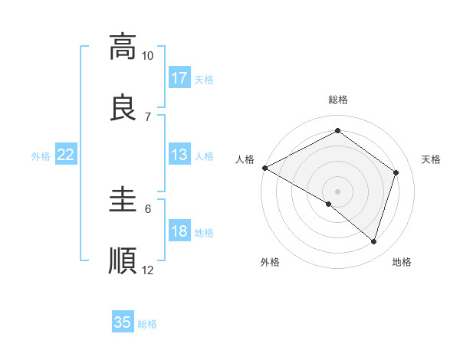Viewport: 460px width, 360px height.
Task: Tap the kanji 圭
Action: pyautogui.click(x=123, y=198)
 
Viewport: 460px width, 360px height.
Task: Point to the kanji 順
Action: pyautogui.click(x=123, y=260)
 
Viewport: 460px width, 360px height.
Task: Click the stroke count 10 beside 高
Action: pyautogui.click(x=147, y=56)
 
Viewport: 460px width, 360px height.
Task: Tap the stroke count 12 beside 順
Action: pyautogui.click(x=148, y=270)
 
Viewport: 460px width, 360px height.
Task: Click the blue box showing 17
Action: pyautogui.click(x=179, y=78)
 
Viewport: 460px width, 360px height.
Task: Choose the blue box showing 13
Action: pyautogui.click(x=179, y=155)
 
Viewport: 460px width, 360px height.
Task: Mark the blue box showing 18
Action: pyautogui.click(x=179, y=232)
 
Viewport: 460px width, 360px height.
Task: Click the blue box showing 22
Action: pyautogui.click(x=66, y=155)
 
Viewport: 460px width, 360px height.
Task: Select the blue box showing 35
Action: pyautogui.click(x=123, y=322)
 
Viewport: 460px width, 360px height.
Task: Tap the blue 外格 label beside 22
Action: pyautogui.click(x=41, y=155)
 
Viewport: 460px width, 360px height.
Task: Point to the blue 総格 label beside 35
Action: pyautogui.click(x=147, y=324)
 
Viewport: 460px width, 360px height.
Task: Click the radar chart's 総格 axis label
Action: pyautogui.click(x=338, y=100)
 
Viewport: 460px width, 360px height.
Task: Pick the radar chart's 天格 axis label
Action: pyautogui.click(x=431, y=159)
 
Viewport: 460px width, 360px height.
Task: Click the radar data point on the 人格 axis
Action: pyautogui.click(x=264, y=168)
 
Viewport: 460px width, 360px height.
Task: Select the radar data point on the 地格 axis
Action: pyautogui.click(x=374, y=242)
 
